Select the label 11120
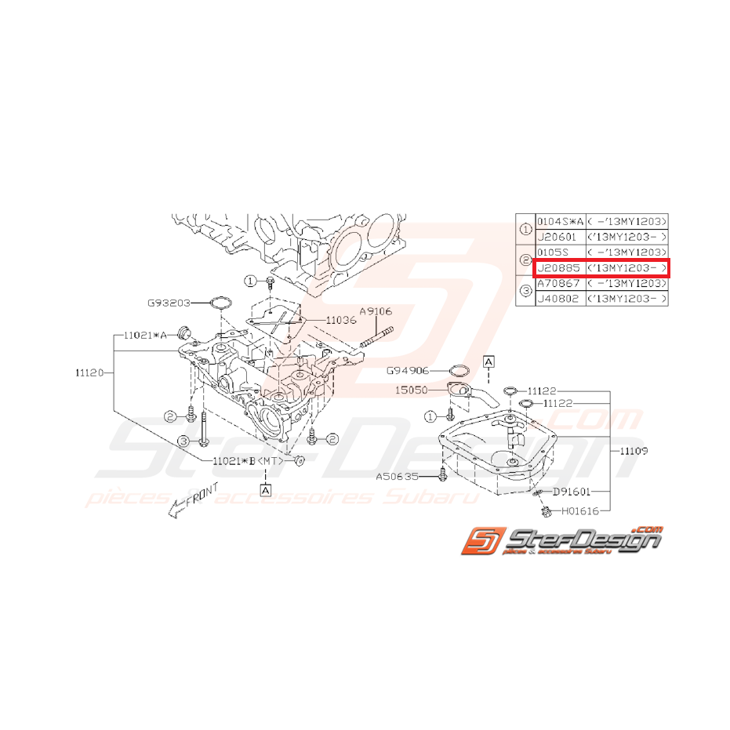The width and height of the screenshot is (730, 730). pyautogui.click(x=92, y=373)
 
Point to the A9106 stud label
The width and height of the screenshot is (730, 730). pyautogui.click(x=376, y=311)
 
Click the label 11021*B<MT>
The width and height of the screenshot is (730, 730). pyautogui.click(x=245, y=462)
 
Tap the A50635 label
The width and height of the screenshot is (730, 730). pyautogui.click(x=397, y=474)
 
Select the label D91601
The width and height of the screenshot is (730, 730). pyautogui.click(x=572, y=492)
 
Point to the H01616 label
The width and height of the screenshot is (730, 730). pyautogui.click(x=579, y=510)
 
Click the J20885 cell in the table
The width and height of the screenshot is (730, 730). pyautogui.click(x=557, y=268)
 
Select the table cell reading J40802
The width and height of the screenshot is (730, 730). pyautogui.click(x=557, y=300)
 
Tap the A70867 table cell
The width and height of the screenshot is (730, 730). pyautogui.click(x=557, y=284)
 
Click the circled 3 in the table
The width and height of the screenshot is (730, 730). pyautogui.click(x=525, y=292)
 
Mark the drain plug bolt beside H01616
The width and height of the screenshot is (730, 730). pyautogui.click(x=543, y=512)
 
